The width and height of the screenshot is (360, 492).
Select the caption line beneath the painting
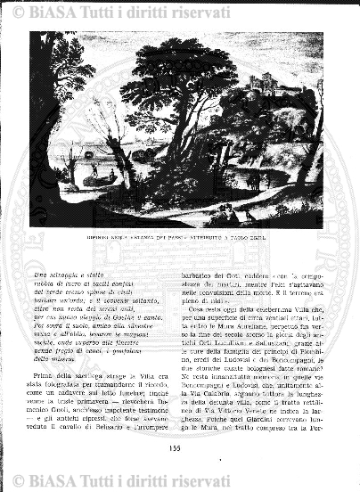[x=176, y=239]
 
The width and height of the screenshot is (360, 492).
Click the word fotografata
[x=70, y=390]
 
